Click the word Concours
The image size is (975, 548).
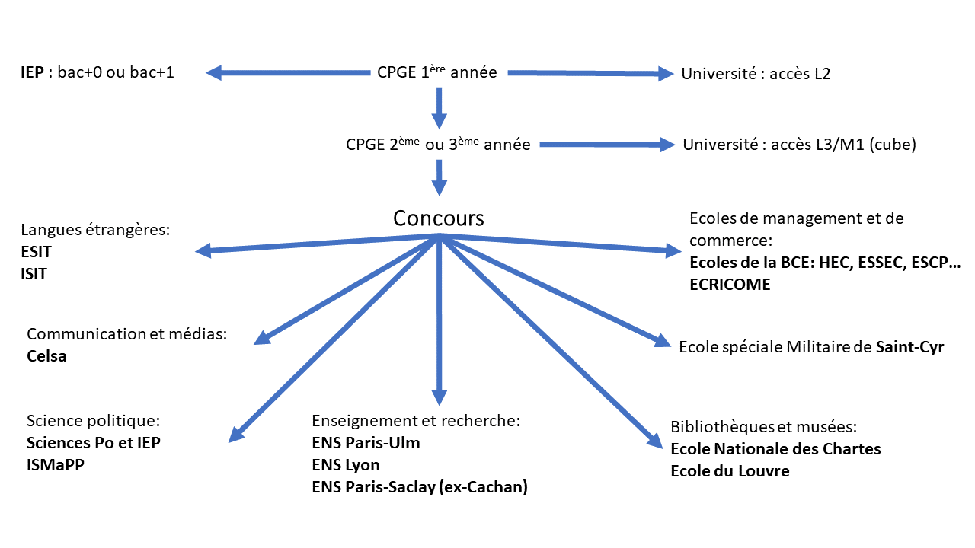(x=438, y=218)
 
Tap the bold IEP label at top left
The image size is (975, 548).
(x=33, y=74)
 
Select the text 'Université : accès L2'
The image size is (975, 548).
(x=756, y=74)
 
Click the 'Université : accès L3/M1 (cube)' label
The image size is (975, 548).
(x=799, y=145)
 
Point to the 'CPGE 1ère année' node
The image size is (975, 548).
(x=437, y=73)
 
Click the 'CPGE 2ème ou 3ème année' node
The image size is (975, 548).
(x=437, y=145)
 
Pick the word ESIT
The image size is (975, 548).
(x=37, y=252)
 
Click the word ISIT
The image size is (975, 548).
(x=34, y=274)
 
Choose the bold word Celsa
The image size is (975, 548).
(x=46, y=356)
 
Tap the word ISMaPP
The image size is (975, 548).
(x=55, y=465)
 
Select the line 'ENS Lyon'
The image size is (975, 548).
(x=346, y=465)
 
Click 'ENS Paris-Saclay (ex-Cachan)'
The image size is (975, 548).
(x=420, y=487)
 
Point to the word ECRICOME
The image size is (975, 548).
(x=730, y=285)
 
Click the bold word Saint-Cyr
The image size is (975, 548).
(x=909, y=348)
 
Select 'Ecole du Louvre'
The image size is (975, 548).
(x=730, y=471)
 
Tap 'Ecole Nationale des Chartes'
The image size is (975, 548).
(x=775, y=449)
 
